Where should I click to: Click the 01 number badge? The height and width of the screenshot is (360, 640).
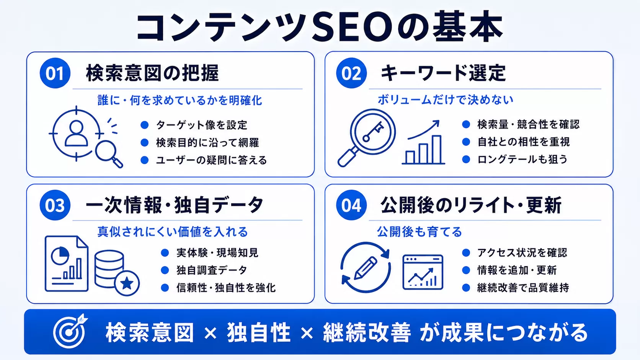(55, 73)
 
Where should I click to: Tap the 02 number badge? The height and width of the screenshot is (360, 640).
(351, 73)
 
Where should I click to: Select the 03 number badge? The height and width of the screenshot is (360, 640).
(55, 205)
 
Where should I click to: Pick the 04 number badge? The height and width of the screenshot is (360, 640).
(351, 205)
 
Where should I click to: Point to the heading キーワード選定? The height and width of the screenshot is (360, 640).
(443, 73)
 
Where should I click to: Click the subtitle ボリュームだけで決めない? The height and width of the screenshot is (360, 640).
(446, 99)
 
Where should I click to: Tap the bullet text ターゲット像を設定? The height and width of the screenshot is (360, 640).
(201, 125)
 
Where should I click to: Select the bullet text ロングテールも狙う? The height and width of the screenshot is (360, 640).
(522, 159)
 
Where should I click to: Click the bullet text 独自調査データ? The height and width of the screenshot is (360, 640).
(212, 270)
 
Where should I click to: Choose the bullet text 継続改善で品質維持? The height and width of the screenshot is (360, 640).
(523, 287)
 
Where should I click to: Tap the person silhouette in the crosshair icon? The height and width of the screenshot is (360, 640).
(76, 133)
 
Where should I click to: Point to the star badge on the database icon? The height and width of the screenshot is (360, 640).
(127, 283)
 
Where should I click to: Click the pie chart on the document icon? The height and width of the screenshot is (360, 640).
(60, 256)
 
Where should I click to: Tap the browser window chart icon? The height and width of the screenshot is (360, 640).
(423, 272)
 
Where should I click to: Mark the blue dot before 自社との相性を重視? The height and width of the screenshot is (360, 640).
(466, 142)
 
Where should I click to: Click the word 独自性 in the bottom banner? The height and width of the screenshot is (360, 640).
(259, 332)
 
